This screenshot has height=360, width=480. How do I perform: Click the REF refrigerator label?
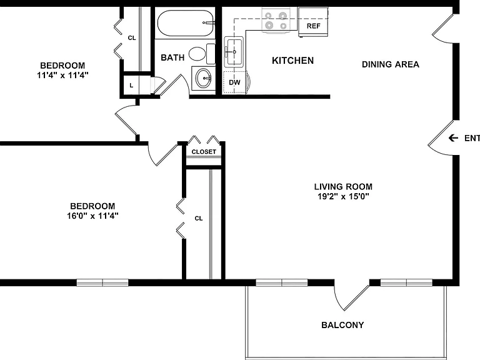tap(313, 26)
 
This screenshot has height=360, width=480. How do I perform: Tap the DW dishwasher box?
tap(234, 82)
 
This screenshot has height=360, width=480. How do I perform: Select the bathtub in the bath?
tap(186, 23)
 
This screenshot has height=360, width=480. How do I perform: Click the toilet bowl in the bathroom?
tap(197, 54)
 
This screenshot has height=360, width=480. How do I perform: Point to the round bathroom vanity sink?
tap(203, 78)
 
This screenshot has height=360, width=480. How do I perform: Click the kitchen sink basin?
tap(234, 51)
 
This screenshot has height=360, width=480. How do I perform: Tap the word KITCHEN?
tap(292, 61)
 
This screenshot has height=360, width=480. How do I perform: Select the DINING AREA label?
tap(390, 64)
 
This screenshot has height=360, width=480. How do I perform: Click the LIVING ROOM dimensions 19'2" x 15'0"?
tap(343, 196)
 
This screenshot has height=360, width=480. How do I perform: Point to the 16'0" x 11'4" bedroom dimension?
tap(92, 216)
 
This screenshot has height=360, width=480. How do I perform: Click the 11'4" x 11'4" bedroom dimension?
tap(62, 75)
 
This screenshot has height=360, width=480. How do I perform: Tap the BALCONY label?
tap(342, 325)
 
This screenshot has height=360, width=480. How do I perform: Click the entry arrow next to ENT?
tap(453, 138)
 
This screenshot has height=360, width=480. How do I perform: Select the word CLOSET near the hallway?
tap(204, 151)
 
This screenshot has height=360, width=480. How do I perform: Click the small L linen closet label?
tap(131, 86)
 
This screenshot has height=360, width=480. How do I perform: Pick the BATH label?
tap(172, 57)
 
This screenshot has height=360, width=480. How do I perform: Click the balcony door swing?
tap(351, 296)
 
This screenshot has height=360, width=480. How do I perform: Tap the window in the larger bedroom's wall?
tap(102, 282)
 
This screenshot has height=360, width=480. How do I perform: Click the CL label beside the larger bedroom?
tap(199, 218)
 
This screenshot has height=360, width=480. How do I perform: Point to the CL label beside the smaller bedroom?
tap(132, 38)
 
